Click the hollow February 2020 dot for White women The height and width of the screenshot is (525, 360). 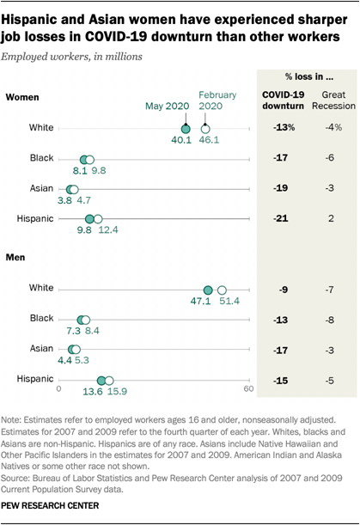pyautogui.click(x=204, y=127)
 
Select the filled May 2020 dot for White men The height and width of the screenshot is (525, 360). pyautogui.click(x=207, y=290)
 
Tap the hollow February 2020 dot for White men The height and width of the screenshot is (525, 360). pyautogui.click(x=222, y=290)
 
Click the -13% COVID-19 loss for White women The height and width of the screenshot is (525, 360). pyautogui.click(x=282, y=127)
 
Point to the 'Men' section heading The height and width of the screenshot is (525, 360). pyautogui.click(x=16, y=256)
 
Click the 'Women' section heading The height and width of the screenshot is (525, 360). pyautogui.click(x=23, y=97)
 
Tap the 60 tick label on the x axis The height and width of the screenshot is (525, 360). pyautogui.click(x=249, y=389)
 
